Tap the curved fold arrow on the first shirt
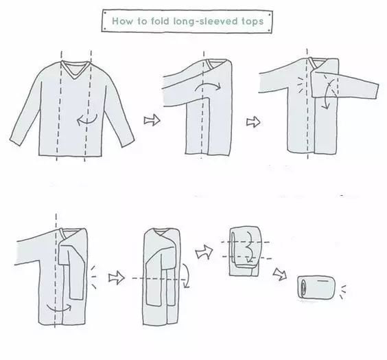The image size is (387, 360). click(x=86, y=122)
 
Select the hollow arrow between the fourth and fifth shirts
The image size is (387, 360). click(x=117, y=278)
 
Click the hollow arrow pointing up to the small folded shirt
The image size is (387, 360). click(x=204, y=252)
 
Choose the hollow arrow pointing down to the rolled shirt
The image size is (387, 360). click(x=280, y=274)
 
